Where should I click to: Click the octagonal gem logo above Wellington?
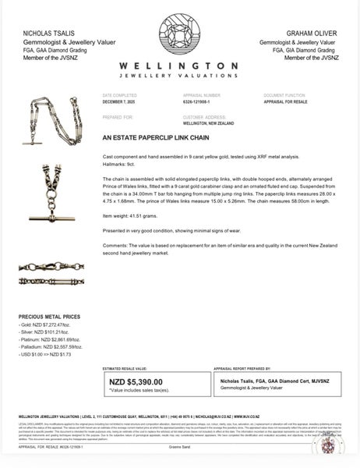pos(180,36)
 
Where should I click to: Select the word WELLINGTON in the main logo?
pos(180,68)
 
